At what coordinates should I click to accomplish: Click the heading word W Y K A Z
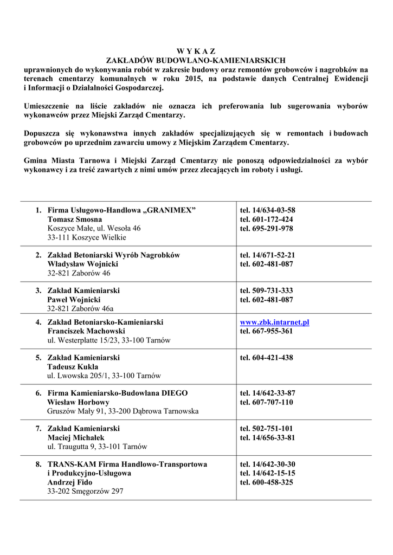[x=196, y=51]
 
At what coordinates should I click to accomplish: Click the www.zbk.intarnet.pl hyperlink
[x=274, y=322]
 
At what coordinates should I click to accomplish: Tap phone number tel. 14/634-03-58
[x=267, y=210]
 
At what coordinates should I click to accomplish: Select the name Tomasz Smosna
[x=75, y=220]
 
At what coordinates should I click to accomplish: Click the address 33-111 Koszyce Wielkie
[x=87, y=237]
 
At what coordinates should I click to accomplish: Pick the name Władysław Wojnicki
[x=82, y=264]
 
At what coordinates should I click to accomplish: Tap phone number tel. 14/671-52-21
[x=267, y=255]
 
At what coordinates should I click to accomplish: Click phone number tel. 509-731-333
[x=266, y=291]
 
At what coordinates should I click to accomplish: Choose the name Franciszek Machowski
[x=86, y=331]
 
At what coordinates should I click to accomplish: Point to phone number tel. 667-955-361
[x=266, y=331]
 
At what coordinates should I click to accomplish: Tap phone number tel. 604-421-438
[x=266, y=358]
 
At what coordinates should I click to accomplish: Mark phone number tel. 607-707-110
[x=266, y=402]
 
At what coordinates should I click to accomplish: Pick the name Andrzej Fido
[x=70, y=482]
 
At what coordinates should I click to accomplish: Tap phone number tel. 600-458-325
[x=266, y=482]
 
